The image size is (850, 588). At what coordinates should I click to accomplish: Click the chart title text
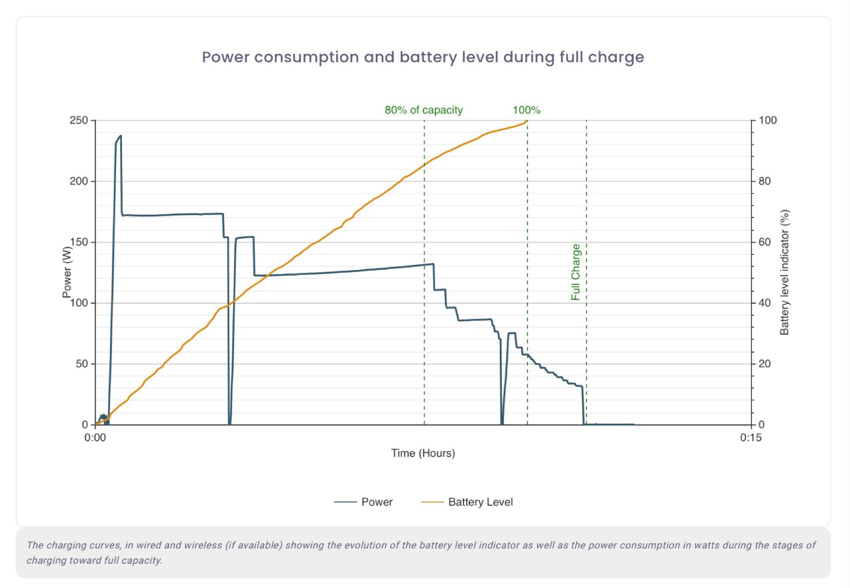tap(423, 57)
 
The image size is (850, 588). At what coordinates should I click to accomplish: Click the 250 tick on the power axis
tap(79, 120)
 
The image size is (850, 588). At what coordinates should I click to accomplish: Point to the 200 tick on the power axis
tap(79, 181)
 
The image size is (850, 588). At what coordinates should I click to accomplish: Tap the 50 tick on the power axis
tap(82, 364)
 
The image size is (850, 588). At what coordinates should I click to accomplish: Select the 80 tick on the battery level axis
tap(764, 181)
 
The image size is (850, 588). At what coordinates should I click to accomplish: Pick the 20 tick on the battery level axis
tap(764, 364)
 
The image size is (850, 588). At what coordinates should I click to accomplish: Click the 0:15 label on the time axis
tap(750, 438)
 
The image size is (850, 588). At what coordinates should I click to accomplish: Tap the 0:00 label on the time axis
tap(95, 438)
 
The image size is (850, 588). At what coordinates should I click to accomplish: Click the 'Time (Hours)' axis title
tap(423, 453)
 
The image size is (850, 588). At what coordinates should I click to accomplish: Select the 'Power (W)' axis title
tap(67, 272)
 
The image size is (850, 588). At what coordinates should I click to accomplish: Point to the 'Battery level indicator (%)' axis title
tap(784, 272)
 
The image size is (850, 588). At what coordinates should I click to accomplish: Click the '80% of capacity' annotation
tap(423, 110)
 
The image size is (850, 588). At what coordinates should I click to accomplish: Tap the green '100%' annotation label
tap(527, 110)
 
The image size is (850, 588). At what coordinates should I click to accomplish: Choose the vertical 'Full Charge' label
tap(575, 272)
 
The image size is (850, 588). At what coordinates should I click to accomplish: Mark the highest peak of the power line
tap(120, 136)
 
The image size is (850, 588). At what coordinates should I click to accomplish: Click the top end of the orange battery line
tap(526, 122)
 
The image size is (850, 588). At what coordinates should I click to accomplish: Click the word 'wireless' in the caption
tap(202, 545)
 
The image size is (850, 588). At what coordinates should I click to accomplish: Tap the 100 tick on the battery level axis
tap(767, 120)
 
